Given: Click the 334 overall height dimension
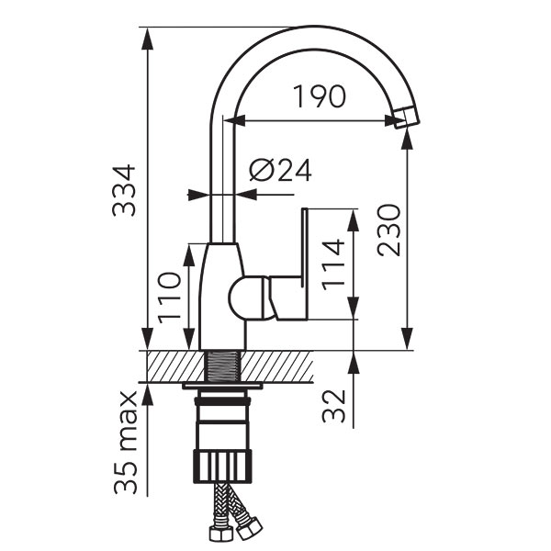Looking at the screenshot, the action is coord(124,190).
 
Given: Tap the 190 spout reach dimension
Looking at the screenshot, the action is coord(319,96).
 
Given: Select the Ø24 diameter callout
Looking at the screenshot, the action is coord(280,170).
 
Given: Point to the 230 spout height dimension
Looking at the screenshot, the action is coord(388,231).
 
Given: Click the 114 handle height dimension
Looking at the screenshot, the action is coord(333,265).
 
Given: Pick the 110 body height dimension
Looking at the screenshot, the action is coord(169,298).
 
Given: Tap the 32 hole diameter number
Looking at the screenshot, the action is coord(333,406).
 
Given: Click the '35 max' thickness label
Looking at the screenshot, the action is coord(126,443).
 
